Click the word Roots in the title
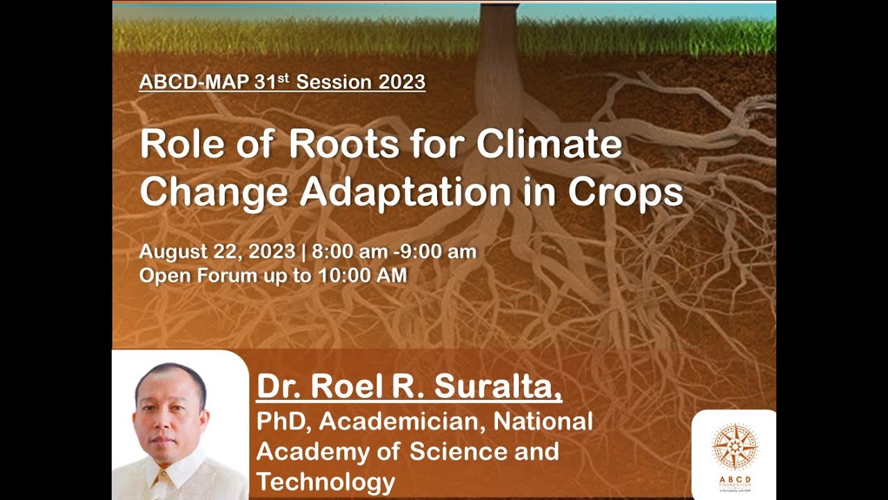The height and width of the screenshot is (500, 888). point(343,145)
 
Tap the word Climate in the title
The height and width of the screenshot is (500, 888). point(549,145)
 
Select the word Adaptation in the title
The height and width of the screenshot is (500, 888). point(404,192)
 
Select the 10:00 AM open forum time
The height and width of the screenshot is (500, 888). point(362,276)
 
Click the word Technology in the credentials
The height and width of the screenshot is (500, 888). point(325,482)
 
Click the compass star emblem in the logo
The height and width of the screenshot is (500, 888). point(735,447)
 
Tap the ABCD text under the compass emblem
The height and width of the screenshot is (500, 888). point(735,479)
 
